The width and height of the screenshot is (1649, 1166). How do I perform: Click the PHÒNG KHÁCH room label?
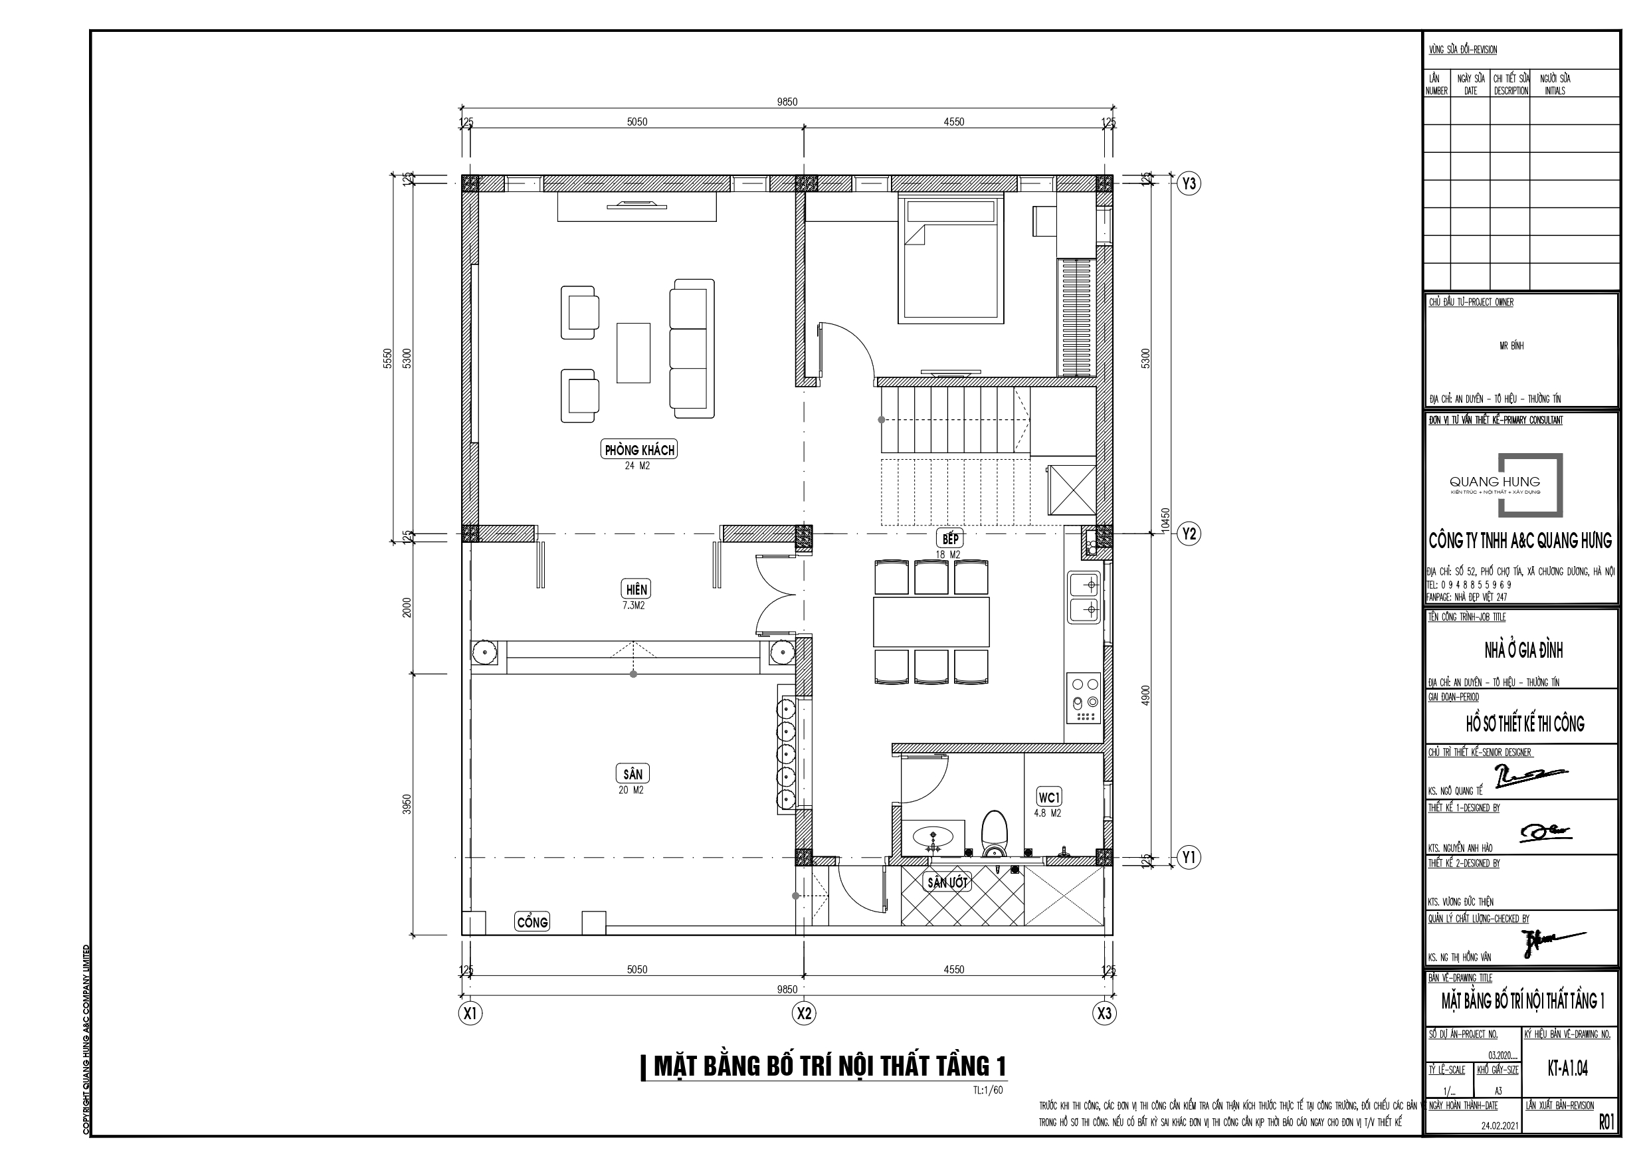pyautogui.click(x=639, y=450)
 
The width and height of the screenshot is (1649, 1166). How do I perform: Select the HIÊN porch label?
pyautogui.click(x=636, y=590)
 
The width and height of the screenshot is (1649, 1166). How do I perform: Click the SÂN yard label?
pyautogui.click(x=632, y=774)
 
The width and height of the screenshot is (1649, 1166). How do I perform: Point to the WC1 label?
pyautogui.click(x=1048, y=797)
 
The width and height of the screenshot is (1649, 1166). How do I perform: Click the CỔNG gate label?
pyautogui.click(x=532, y=922)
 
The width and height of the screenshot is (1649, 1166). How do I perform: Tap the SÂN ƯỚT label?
pyautogui.click(x=947, y=882)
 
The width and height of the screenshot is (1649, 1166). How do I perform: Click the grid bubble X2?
pyautogui.click(x=804, y=1014)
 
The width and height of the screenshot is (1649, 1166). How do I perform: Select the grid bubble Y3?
pyautogui.click(x=1189, y=184)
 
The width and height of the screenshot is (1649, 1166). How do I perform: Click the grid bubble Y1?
pyautogui.click(x=1189, y=857)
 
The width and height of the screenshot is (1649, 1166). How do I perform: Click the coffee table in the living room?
pyautogui.click(x=633, y=353)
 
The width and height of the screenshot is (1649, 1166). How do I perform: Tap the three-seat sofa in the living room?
pyautogui.click(x=692, y=348)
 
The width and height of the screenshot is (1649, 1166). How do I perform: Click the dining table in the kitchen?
pyautogui.click(x=931, y=622)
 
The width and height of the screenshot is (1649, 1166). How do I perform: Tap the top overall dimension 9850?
pyautogui.click(x=787, y=102)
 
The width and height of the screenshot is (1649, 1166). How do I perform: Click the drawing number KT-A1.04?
pyautogui.click(x=1567, y=1068)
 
